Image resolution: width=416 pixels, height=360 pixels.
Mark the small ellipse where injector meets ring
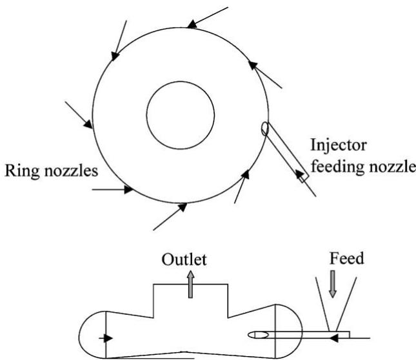(x=264, y=130)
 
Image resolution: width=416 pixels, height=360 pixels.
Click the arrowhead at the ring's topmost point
(x=192, y=25)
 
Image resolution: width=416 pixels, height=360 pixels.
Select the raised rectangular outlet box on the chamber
(x=190, y=303)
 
